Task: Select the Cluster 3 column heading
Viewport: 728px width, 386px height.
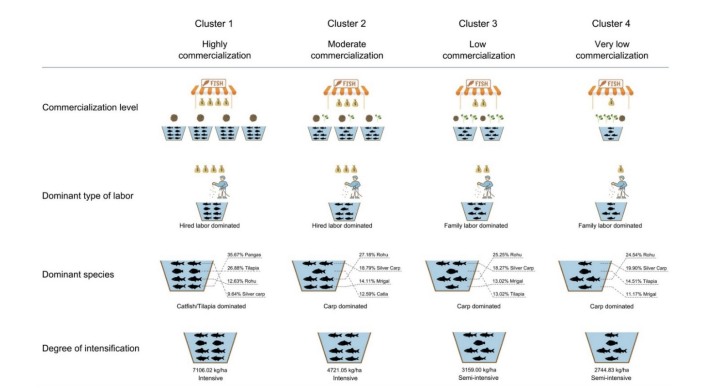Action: [x=478, y=23]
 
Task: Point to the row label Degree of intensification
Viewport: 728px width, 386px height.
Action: [x=91, y=348]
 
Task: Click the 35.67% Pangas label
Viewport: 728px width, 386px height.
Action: [x=244, y=255]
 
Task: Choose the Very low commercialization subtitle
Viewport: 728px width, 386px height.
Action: [x=610, y=50]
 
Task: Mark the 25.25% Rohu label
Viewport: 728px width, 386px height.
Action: [x=508, y=255]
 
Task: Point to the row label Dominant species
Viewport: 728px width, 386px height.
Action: [x=78, y=274]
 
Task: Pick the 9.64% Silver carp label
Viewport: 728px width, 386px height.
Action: [x=247, y=294]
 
